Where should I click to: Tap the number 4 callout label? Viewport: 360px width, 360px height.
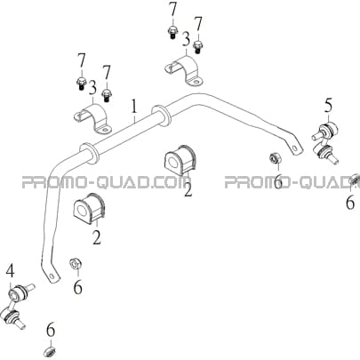[11, 271]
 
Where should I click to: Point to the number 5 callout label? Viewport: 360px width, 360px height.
[328, 106]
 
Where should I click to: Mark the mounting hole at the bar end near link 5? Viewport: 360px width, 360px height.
[294, 149]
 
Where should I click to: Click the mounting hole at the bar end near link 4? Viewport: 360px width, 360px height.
[52, 276]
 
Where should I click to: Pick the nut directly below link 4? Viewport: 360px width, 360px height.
[50, 353]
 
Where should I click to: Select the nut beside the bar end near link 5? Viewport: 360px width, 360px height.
[275, 158]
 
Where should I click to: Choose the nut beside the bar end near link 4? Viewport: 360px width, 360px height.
[76, 263]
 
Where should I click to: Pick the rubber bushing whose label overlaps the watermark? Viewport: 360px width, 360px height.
[180, 160]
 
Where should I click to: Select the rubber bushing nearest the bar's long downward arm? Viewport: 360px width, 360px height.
[88, 208]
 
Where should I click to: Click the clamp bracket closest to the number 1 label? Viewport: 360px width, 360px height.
[92, 118]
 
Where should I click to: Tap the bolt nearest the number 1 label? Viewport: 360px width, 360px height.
[107, 95]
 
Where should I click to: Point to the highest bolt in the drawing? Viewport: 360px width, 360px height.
[172, 32]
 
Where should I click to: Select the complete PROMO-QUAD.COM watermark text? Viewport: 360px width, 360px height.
[107, 182]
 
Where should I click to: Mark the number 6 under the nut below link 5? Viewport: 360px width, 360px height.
[350, 203]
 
